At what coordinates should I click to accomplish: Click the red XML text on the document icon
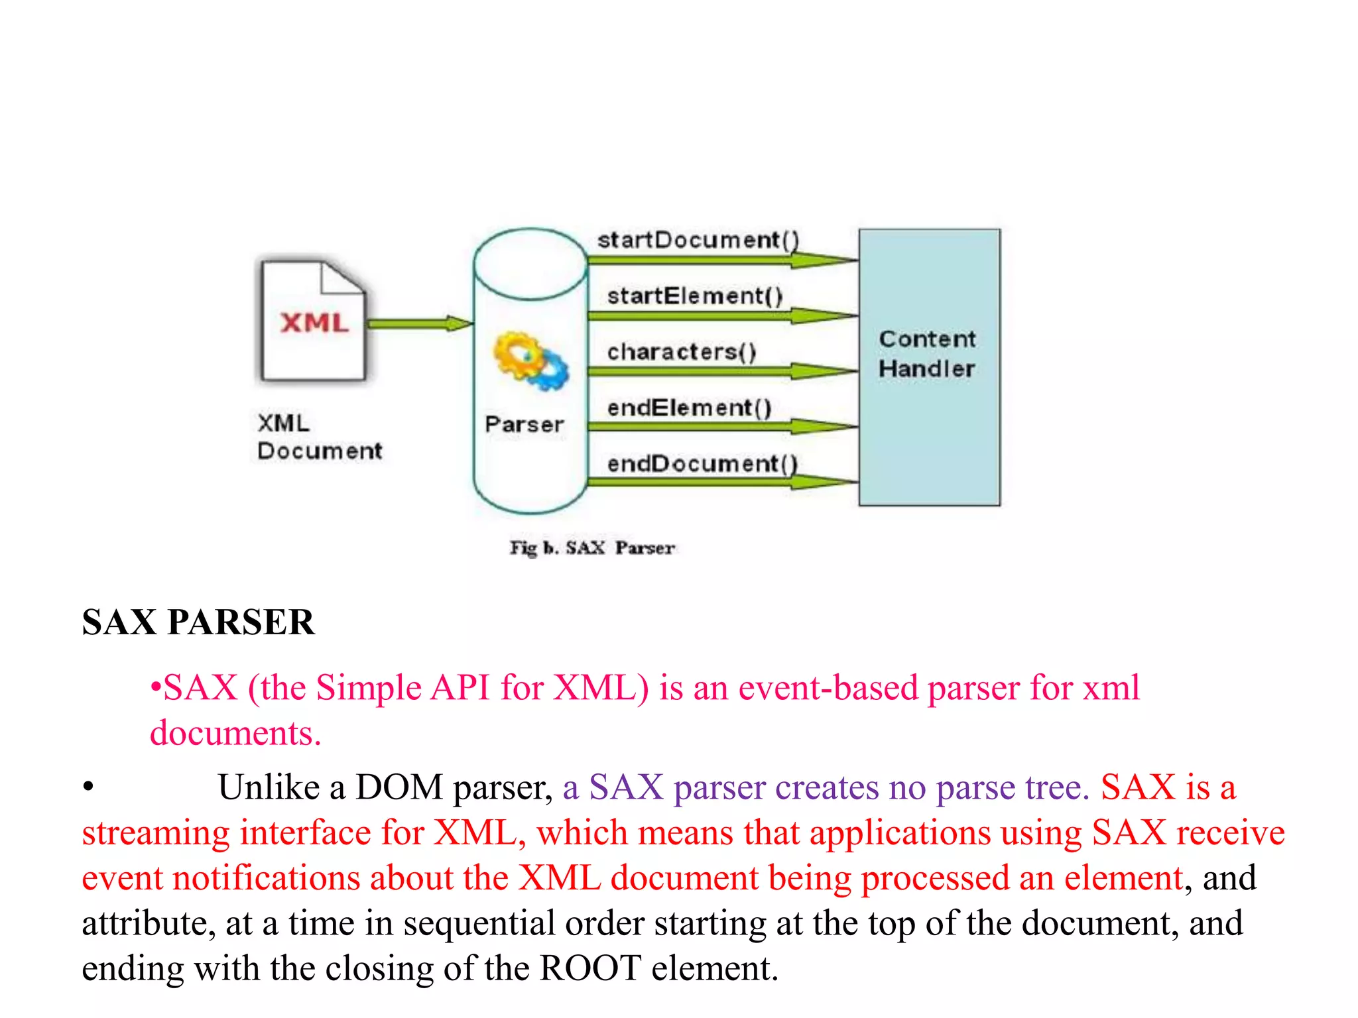click(314, 323)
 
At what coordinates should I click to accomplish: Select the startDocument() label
click(698, 240)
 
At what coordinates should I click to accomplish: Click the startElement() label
click(695, 296)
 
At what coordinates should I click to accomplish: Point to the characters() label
click(682, 351)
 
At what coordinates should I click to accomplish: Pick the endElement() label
click(689, 408)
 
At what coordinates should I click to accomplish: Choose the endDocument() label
click(702, 463)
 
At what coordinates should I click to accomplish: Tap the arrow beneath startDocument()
click(723, 260)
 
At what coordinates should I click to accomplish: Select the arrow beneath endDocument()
click(723, 482)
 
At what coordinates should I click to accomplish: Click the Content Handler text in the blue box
click(927, 354)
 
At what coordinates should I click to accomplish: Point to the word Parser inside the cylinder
click(524, 424)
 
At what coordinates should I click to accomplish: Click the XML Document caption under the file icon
click(319, 437)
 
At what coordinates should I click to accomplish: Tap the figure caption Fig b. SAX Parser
click(591, 548)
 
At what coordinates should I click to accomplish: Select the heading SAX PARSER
click(198, 622)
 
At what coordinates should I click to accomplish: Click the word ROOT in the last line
click(590, 968)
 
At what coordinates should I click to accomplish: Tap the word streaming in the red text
click(156, 833)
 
